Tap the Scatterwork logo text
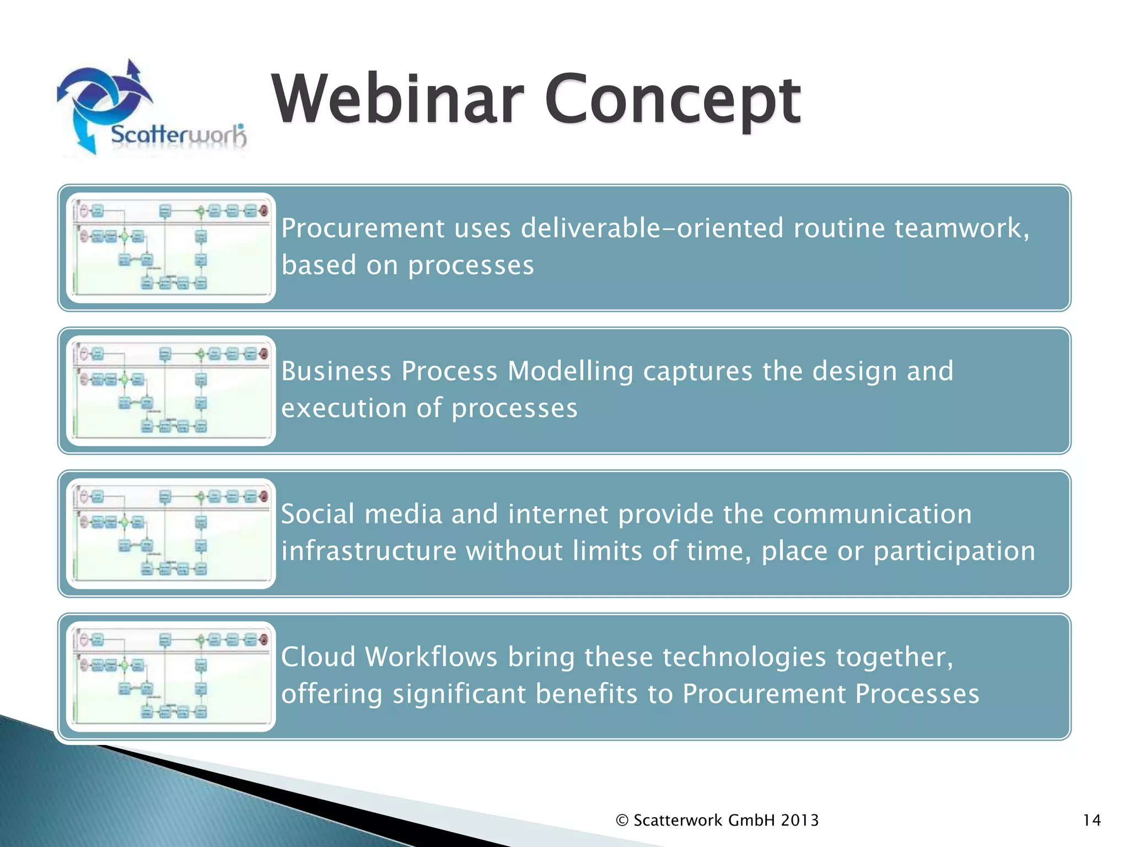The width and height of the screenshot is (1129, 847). [x=178, y=135]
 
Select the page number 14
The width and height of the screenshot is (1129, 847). [x=1092, y=820]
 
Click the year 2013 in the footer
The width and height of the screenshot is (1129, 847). [x=799, y=820]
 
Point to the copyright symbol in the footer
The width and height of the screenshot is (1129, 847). [x=622, y=821]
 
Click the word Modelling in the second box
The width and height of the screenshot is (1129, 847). [x=571, y=371]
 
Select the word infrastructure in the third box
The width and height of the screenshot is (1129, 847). [x=369, y=551]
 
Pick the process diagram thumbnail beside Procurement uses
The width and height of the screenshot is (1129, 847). [x=171, y=248]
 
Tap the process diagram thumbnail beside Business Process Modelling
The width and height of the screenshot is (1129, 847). [x=171, y=390]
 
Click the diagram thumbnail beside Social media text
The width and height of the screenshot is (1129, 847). [x=171, y=533]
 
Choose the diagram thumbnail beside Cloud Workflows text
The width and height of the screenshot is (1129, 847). [x=171, y=676]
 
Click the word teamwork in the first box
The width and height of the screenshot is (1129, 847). [x=959, y=228]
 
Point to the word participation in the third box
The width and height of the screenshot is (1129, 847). [x=954, y=551]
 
